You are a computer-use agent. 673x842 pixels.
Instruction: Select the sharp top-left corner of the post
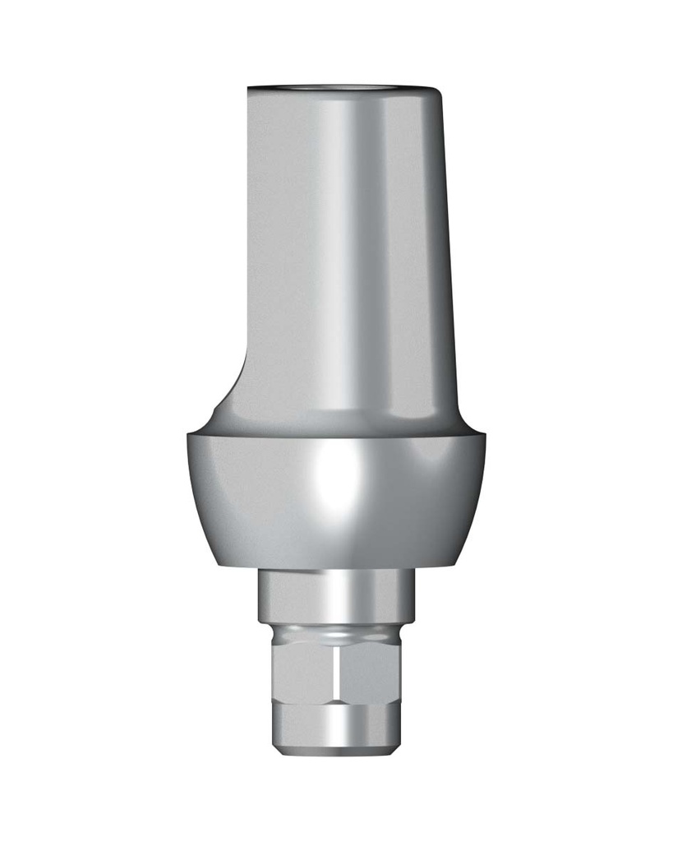247,86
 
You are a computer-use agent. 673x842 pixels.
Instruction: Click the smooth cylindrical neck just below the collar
337,596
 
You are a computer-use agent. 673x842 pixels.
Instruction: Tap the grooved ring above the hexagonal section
337,634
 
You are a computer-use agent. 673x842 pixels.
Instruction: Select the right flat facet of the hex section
370,674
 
